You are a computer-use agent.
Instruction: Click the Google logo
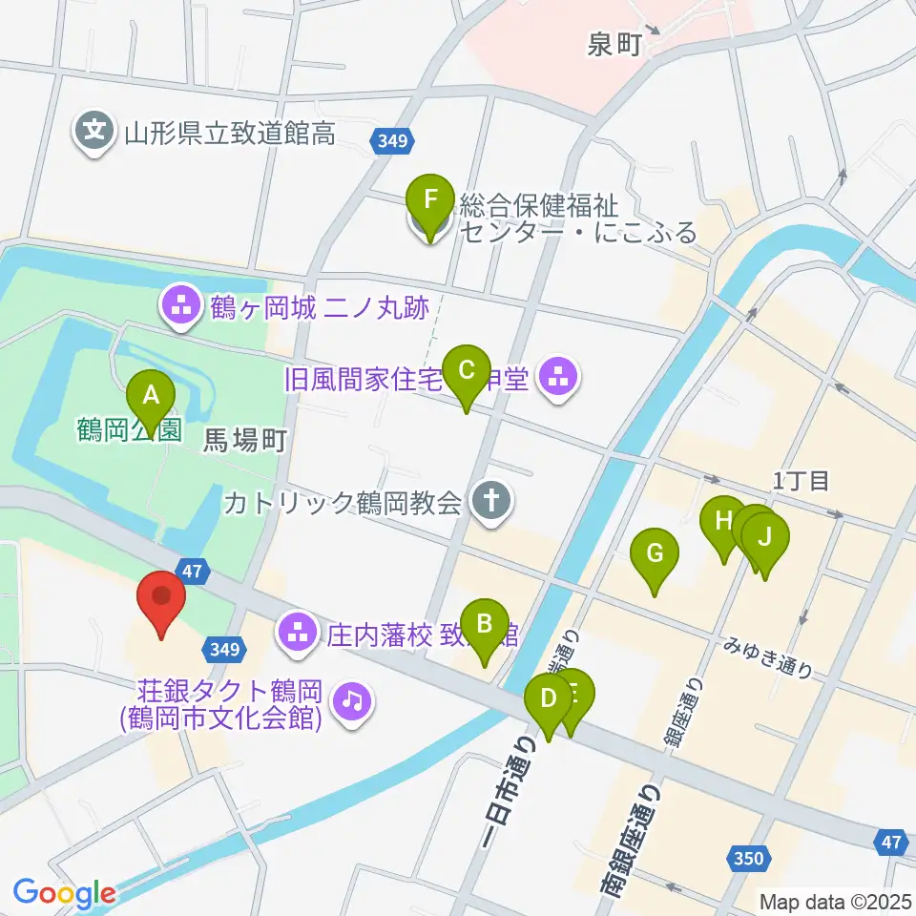pyautogui.click(x=64, y=893)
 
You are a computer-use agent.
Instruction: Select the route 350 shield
pyautogui.click(x=749, y=859)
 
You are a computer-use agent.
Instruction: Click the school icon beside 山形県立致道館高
pyautogui.click(x=94, y=132)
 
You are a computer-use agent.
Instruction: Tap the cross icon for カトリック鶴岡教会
pyautogui.click(x=492, y=502)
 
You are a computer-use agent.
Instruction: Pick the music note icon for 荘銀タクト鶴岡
pyautogui.click(x=353, y=702)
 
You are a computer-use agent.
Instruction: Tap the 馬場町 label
pyautogui.click(x=246, y=439)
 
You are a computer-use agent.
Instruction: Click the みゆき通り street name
pyautogui.click(x=768, y=657)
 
